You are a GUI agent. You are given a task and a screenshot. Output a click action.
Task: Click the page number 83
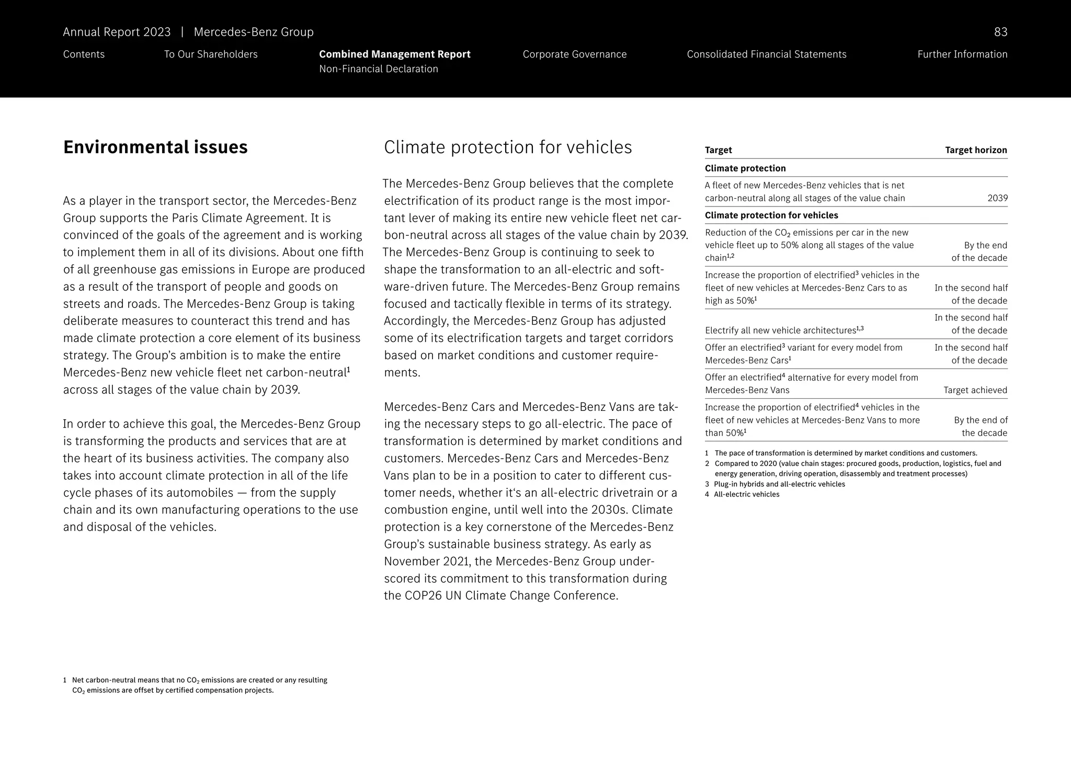coord(1000,32)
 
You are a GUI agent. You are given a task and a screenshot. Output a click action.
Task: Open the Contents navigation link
coord(84,54)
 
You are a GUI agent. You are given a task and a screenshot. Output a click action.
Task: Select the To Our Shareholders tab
coord(211,54)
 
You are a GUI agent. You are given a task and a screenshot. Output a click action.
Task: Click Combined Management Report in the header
coord(394,54)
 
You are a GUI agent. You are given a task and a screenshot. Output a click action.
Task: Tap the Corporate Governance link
coord(574,54)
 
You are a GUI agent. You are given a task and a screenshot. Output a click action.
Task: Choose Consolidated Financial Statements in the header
coord(766,54)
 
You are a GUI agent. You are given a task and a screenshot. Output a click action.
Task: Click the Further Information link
coord(962,54)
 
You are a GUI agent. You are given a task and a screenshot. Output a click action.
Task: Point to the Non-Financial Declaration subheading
coord(378,69)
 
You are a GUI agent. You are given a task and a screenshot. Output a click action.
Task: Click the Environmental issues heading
coord(155,147)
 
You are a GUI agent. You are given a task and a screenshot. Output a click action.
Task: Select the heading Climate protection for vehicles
coord(507,147)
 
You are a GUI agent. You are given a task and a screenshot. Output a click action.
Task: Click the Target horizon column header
coord(975,150)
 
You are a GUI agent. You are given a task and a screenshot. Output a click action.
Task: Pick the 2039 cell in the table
coord(997,199)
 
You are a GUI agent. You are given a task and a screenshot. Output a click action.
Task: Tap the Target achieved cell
coord(975,390)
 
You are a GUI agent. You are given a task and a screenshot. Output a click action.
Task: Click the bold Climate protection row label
coord(745,168)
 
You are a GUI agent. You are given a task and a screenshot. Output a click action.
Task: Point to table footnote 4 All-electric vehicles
coord(746,495)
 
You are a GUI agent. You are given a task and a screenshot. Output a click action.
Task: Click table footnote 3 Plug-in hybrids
coord(778,484)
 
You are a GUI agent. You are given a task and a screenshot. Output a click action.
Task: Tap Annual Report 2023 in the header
coord(117,32)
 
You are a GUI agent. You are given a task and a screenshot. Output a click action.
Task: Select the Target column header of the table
coord(718,150)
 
